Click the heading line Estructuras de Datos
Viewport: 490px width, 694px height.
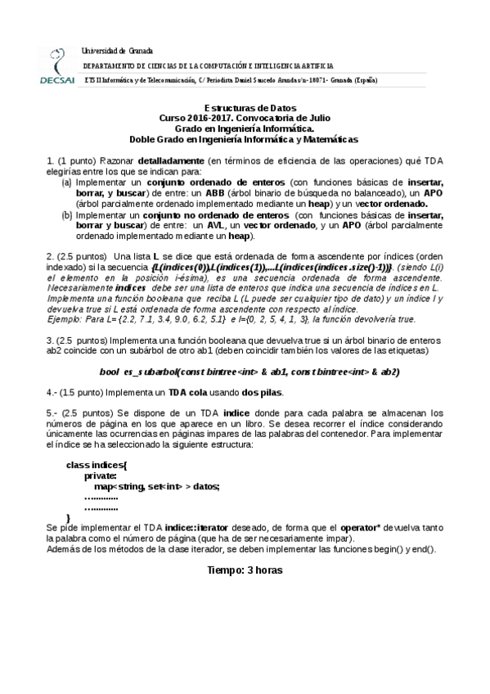(x=244, y=108)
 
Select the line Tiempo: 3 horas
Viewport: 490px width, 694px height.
(x=245, y=570)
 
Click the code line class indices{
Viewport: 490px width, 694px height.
(x=97, y=465)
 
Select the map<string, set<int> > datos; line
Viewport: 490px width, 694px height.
(x=156, y=486)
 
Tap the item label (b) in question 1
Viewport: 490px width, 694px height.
(x=67, y=214)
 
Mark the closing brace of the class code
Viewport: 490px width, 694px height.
(x=68, y=518)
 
